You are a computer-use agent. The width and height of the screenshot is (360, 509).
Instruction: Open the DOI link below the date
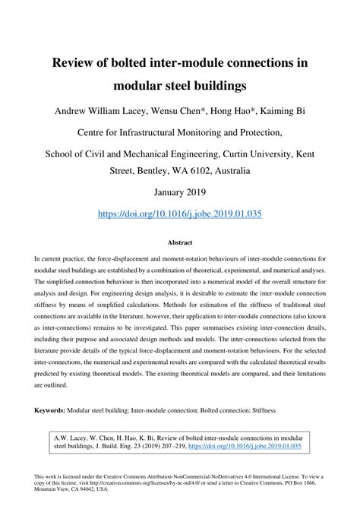(180, 214)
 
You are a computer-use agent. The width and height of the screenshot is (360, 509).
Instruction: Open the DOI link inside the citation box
(257, 446)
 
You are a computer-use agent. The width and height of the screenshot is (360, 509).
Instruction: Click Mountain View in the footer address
(52, 490)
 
